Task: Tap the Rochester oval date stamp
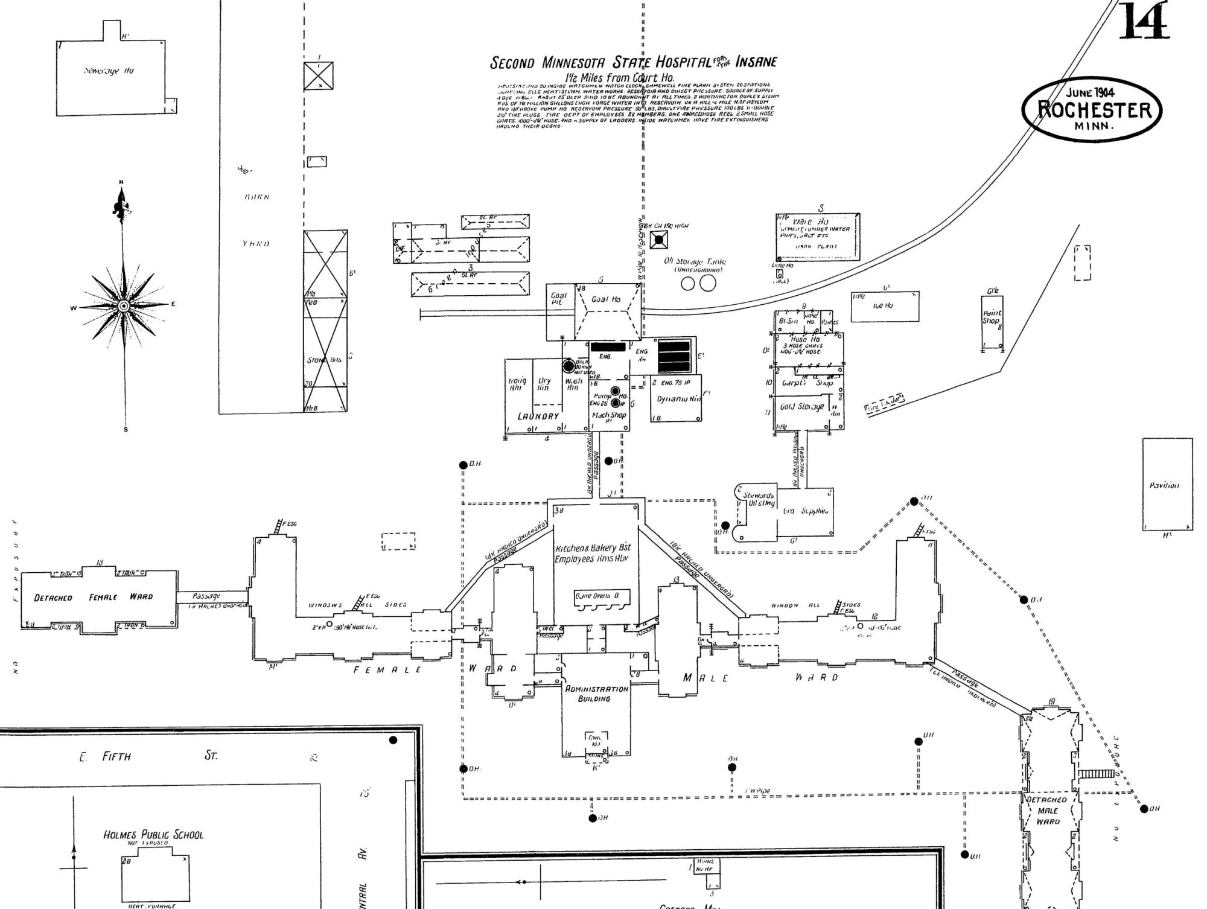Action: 1091,110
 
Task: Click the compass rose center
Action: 124,307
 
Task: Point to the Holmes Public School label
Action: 153,835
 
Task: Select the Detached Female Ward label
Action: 94,598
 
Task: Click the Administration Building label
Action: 596,694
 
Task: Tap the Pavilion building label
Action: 1164,485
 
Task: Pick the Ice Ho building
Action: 885,306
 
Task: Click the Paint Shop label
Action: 992,317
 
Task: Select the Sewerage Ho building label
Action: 109,71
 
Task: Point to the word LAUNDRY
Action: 538,416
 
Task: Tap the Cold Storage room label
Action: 801,407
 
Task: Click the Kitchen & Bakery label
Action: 593,553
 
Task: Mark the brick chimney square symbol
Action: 659,240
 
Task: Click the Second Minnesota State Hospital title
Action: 633,62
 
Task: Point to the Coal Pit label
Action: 558,299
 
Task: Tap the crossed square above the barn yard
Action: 318,77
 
